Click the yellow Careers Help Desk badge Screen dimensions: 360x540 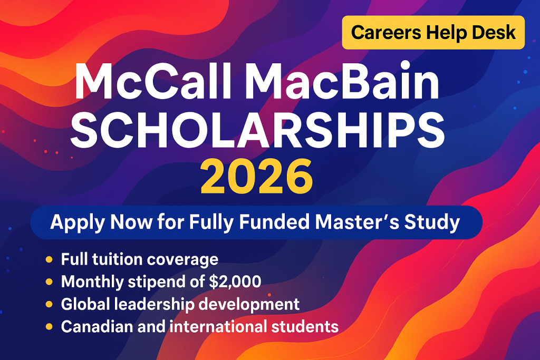click(433, 33)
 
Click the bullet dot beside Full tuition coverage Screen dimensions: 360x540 click(49, 259)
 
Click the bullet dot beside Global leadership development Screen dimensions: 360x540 click(49, 304)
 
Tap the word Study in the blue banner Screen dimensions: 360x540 click(435, 222)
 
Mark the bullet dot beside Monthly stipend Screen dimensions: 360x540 click(49, 282)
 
